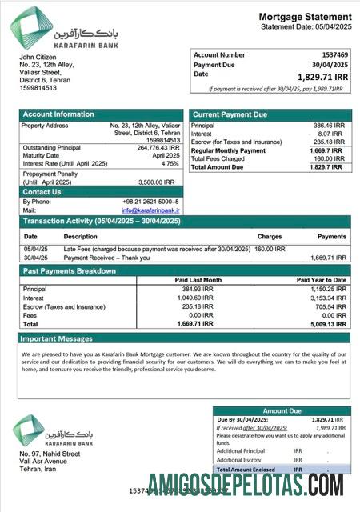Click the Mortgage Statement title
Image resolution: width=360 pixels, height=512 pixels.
coord(304,17)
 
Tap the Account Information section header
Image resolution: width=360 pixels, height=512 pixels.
coord(58,114)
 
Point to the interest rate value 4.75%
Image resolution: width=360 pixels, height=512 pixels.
coord(170,163)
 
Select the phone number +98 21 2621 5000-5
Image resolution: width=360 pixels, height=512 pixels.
coord(151,202)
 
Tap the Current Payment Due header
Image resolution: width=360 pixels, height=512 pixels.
coord(230,114)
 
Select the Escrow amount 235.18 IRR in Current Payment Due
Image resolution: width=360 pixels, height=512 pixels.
coord(328,142)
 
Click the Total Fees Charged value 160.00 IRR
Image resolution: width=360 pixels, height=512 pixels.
coord(328,158)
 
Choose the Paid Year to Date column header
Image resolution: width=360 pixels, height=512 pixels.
coord(322,280)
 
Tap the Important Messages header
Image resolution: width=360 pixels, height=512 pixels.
coord(58,338)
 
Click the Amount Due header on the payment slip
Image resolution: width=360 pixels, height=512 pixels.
coord(282,410)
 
